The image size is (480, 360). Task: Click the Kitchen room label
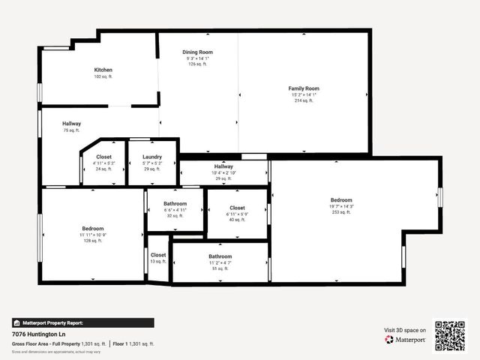point(103,70)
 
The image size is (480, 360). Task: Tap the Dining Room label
point(198,52)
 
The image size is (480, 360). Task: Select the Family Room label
point(304,88)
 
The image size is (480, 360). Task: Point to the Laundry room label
point(152,157)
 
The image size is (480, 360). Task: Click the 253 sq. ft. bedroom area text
point(341,212)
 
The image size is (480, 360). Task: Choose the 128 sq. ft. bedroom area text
point(92,240)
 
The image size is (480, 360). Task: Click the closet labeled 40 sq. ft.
point(237,220)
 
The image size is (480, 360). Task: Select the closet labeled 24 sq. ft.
point(103,169)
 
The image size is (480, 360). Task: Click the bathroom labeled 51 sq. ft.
point(220,268)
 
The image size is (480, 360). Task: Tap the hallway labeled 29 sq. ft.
point(223,178)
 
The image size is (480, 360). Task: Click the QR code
point(450,335)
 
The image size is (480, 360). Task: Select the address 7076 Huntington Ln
point(37,334)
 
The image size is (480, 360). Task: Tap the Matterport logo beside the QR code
point(406,340)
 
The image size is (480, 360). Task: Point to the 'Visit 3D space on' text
point(405,330)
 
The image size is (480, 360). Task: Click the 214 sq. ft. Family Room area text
point(304,100)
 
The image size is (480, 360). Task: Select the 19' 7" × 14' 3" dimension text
point(341,206)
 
